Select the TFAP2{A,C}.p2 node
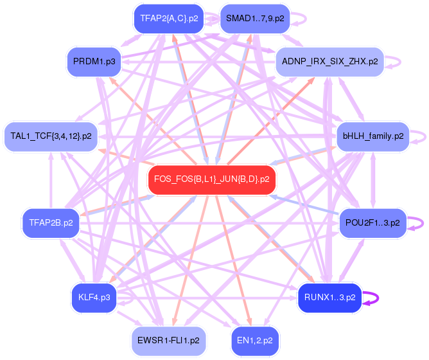pyautogui.click(x=169, y=19)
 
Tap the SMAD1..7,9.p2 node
pyautogui.click(x=254, y=19)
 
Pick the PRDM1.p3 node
pyautogui.click(x=94, y=61)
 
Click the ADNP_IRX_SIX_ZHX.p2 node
pyautogui.click(x=329, y=62)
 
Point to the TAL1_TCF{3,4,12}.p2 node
pyautogui.click(x=51, y=136)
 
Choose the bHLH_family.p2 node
pyautogui.click(x=373, y=136)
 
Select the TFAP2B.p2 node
pyautogui.click(x=51, y=222)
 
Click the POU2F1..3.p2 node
pyautogui.click(x=372, y=222)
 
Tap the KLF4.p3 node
pyautogui.click(x=94, y=297)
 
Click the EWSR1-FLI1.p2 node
pyautogui.click(x=168, y=339)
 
